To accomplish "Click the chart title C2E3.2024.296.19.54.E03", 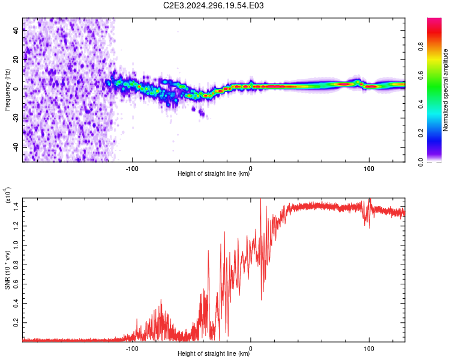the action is tap(213, 5).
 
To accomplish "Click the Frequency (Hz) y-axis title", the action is tap(7, 90).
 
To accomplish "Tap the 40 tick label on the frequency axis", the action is tap(16, 30).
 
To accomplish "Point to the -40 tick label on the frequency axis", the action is tap(16, 147).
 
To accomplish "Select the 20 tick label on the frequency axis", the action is tap(16, 59).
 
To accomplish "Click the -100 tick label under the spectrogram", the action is tap(132, 169).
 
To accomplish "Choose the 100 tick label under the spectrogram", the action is tap(369, 169).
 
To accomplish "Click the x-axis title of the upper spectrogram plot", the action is tap(214, 173).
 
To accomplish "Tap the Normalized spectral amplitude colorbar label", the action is tap(445, 90).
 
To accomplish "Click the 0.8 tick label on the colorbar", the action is tap(421, 46).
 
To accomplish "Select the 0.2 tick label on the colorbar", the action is tap(421, 133).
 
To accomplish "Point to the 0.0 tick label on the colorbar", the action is tap(421, 162).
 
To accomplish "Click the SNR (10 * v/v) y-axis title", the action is tap(7, 270).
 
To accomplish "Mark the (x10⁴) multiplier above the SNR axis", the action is tap(8, 195).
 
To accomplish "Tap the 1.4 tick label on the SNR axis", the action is tap(16, 206).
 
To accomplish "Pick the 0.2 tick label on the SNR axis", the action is tap(16, 322).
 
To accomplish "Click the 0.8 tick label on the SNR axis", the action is tap(16, 265).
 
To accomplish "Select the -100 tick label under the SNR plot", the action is tap(132, 349).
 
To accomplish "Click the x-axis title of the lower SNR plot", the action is tap(214, 353).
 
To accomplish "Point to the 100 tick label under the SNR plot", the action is tap(369, 349).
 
